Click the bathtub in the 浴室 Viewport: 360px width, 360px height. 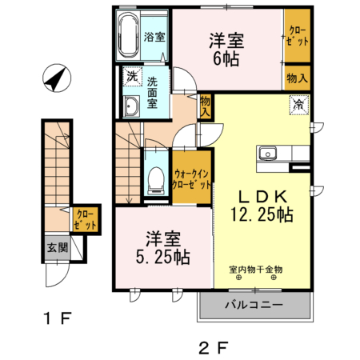tap(127, 36)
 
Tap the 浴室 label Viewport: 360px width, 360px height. tap(154, 37)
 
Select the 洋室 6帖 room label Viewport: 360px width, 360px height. tap(226, 49)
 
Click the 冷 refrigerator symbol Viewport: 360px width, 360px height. tap(298, 103)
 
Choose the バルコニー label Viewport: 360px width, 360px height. tap(253, 305)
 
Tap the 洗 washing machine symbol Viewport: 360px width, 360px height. tap(130, 78)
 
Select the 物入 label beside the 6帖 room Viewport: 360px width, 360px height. tap(298, 79)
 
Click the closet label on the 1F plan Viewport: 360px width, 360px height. tap(85, 219)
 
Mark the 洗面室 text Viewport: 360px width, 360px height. tap(155, 91)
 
